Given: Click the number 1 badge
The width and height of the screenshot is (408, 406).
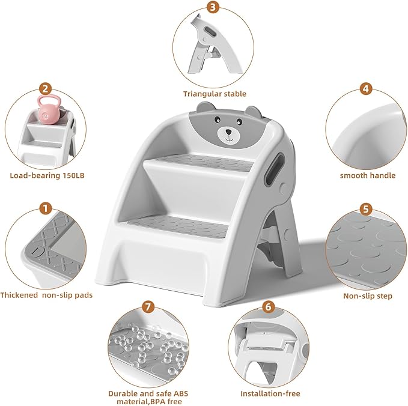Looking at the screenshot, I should click(x=44, y=209).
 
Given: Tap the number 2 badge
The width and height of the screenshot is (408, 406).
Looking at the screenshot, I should click(x=44, y=89).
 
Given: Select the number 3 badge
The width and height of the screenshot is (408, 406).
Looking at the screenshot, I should click(x=213, y=8).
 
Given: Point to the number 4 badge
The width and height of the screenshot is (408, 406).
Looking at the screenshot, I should click(x=364, y=89).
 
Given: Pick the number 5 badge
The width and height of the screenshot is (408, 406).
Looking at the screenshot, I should click(x=364, y=209).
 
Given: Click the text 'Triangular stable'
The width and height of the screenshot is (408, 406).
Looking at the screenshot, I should click(x=215, y=94).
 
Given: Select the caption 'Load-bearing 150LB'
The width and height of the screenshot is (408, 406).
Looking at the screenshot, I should click(x=43, y=175).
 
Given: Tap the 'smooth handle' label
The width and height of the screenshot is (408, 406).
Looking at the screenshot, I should click(x=367, y=175).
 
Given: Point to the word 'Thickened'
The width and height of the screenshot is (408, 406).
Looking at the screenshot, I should click(x=20, y=295).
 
